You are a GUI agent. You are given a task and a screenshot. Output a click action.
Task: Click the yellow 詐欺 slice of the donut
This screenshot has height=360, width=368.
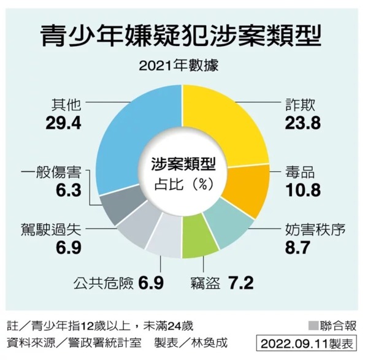[x=233, y=123]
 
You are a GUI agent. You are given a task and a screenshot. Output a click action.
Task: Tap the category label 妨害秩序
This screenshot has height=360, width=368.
[x=315, y=231]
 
